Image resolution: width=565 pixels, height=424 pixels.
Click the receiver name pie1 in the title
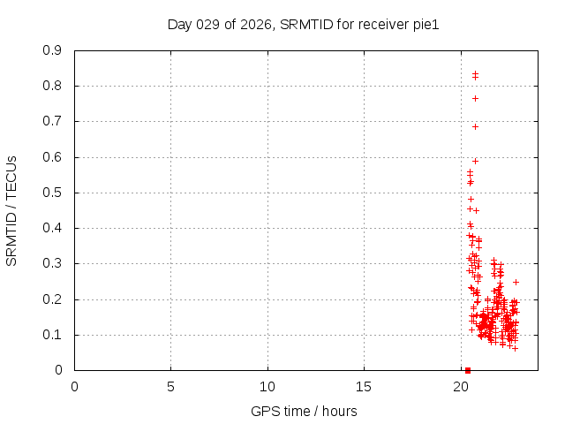[425, 25]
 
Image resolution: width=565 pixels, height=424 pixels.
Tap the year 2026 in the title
[255, 25]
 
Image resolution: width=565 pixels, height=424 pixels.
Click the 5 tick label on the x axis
[170, 387]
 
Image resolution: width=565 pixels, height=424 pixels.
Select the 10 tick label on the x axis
[267, 387]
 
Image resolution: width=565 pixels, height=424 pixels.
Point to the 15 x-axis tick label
[364, 387]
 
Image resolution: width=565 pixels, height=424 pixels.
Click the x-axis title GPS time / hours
[305, 411]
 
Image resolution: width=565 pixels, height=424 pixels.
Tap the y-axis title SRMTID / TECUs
[12, 210]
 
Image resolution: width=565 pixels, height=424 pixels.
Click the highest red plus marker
[475, 73]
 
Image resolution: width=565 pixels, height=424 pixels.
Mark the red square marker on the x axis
[468, 370]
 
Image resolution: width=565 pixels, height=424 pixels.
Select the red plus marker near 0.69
[475, 126]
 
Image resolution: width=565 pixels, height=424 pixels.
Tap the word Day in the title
[179, 25]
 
